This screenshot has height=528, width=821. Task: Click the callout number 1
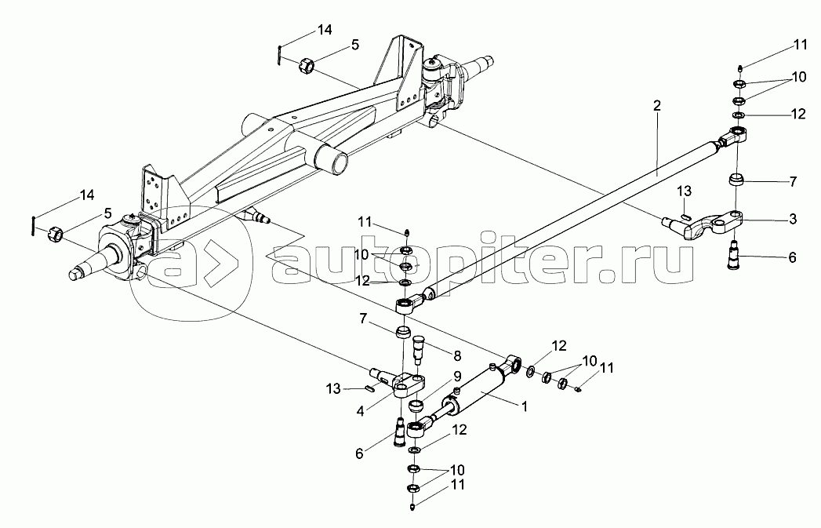click(x=524, y=406)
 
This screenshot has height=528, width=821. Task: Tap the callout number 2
click(x=657, y=107)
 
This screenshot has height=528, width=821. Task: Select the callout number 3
click(x=793, y=219)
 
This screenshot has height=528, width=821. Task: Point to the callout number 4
click(x=360, y=411)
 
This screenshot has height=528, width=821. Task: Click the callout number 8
click(x=457, y=356)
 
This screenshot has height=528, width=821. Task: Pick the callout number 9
click(x=457, y=376)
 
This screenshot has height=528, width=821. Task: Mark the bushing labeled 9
click(x=417, y=406)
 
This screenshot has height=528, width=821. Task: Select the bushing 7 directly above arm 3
click(x=736, y=180)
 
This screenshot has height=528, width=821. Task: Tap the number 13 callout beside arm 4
click(x=333, y=388)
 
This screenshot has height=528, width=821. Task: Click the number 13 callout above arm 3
click(x=685, y=191)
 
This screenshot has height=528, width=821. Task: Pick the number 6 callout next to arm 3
click(x=792, y=257)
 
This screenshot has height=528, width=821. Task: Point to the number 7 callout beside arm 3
click(x=793, y=182)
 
